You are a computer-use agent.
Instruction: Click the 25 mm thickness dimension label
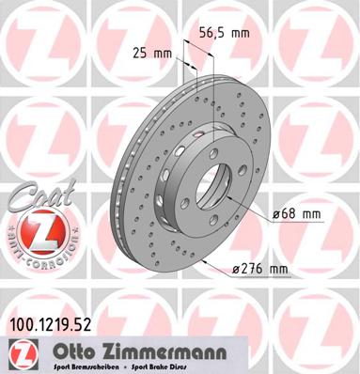pyautogui.click(x=152, y=54)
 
